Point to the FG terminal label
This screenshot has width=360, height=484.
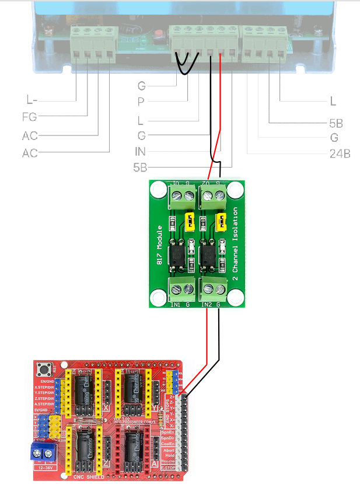(x=29, y=117)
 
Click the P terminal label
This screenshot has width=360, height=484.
(x=141, y=102)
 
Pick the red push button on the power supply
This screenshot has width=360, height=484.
(x=157, y=33)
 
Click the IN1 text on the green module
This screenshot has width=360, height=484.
(x=175, y=305)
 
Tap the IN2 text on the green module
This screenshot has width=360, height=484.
(x=207, y=305)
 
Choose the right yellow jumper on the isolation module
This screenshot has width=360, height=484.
(x=221, y=221)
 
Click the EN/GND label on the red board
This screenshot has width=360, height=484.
(x=45, y=381)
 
